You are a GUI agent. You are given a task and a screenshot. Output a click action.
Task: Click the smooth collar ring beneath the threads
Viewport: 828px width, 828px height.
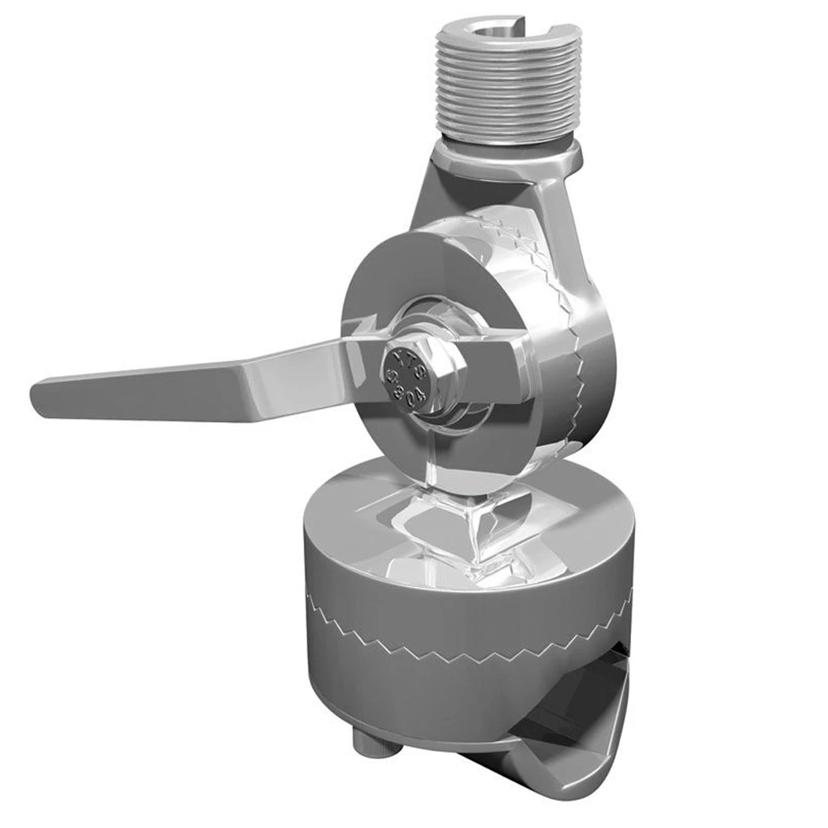[x=507, y=152]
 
